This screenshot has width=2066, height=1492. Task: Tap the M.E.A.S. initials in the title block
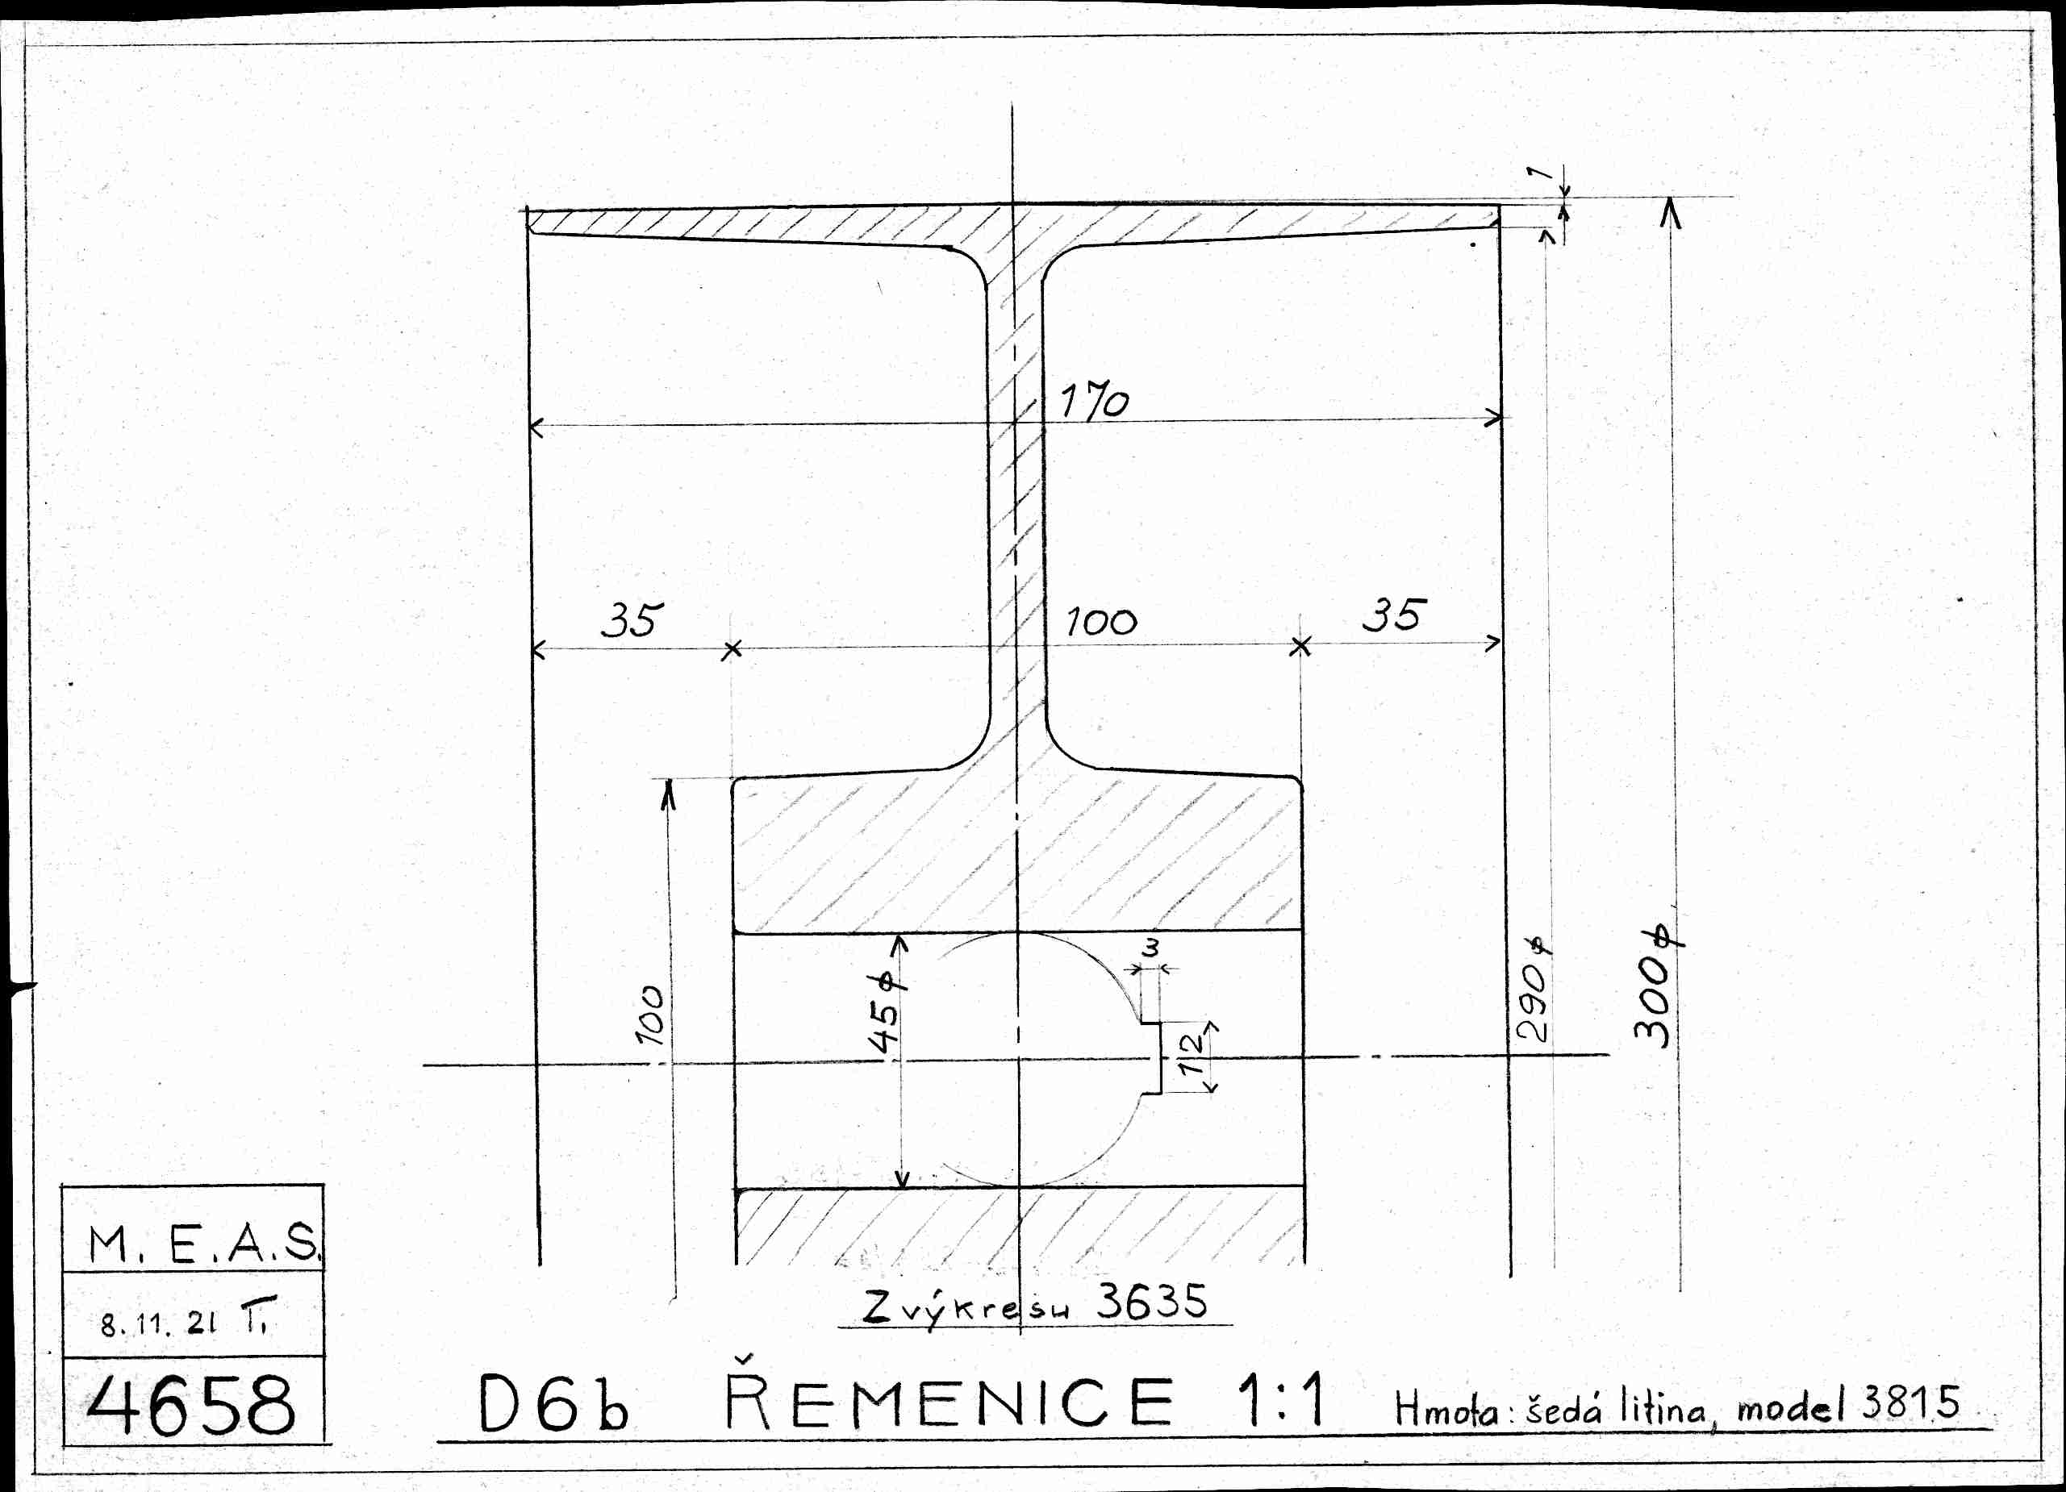tap(203, 1244)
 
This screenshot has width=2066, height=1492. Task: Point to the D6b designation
tap(553, 1403)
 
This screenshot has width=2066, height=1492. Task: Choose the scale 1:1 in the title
tap(1280, 1400)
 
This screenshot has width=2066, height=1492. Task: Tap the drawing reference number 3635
tap(1151, 1302)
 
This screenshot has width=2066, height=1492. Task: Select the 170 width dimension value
tap(1093, 401)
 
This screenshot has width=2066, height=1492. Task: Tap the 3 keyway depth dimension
tap(1151, 948)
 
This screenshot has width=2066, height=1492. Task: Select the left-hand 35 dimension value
tap(632, 620)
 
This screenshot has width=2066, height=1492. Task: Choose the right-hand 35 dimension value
tap(1393, 615)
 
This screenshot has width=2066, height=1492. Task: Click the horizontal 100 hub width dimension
tap(1101, 623)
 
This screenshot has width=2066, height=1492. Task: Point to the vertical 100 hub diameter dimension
tap(650, 1014)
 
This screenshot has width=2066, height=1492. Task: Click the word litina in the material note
tap(1663, 1409)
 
